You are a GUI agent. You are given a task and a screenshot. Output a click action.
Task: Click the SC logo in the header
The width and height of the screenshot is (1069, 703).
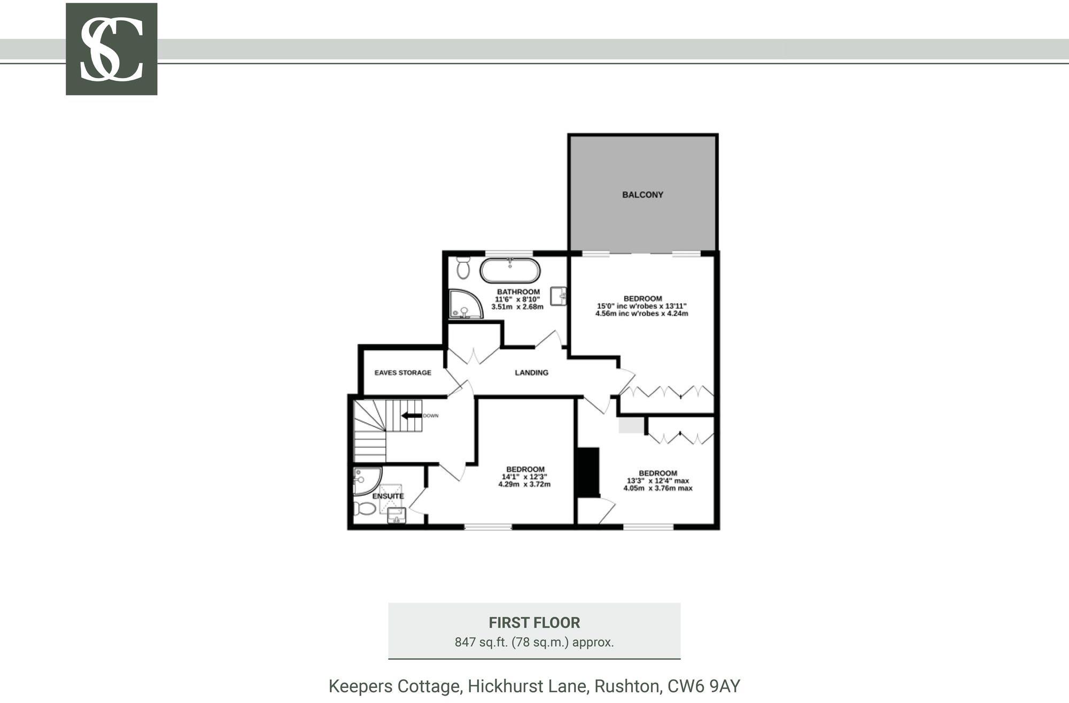pos(111,49)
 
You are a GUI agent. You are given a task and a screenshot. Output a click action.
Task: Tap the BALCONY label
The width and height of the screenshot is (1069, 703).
pos(642,195)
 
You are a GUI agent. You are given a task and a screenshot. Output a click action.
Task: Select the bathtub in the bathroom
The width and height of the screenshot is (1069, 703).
pos(509,271)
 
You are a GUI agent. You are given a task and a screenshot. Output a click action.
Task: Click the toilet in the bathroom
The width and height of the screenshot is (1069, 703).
pos(463,267)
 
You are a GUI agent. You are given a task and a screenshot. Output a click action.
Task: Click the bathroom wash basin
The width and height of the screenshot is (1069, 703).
pos(559,296)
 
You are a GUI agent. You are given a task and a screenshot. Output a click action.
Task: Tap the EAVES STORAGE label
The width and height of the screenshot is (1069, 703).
pos(402,372)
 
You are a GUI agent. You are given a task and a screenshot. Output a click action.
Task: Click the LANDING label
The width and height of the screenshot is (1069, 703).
pos(531,372)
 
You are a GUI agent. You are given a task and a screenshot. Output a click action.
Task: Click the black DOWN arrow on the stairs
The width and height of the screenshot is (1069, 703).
pos(411,416)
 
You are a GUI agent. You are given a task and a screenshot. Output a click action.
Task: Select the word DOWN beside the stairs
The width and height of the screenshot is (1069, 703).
pos(430,416)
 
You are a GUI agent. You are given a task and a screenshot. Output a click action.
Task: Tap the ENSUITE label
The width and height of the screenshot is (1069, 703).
pos(388,496)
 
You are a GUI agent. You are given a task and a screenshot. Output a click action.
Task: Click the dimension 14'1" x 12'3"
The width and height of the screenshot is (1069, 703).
pos(524,477)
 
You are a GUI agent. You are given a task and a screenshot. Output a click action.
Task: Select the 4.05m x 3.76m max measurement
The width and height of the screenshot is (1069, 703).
pos(657,488)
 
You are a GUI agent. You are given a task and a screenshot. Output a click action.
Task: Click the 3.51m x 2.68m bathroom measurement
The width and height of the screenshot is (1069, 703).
pos(517,307)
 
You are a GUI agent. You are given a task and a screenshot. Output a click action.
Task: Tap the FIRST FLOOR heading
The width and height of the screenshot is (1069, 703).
pos(534,623)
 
